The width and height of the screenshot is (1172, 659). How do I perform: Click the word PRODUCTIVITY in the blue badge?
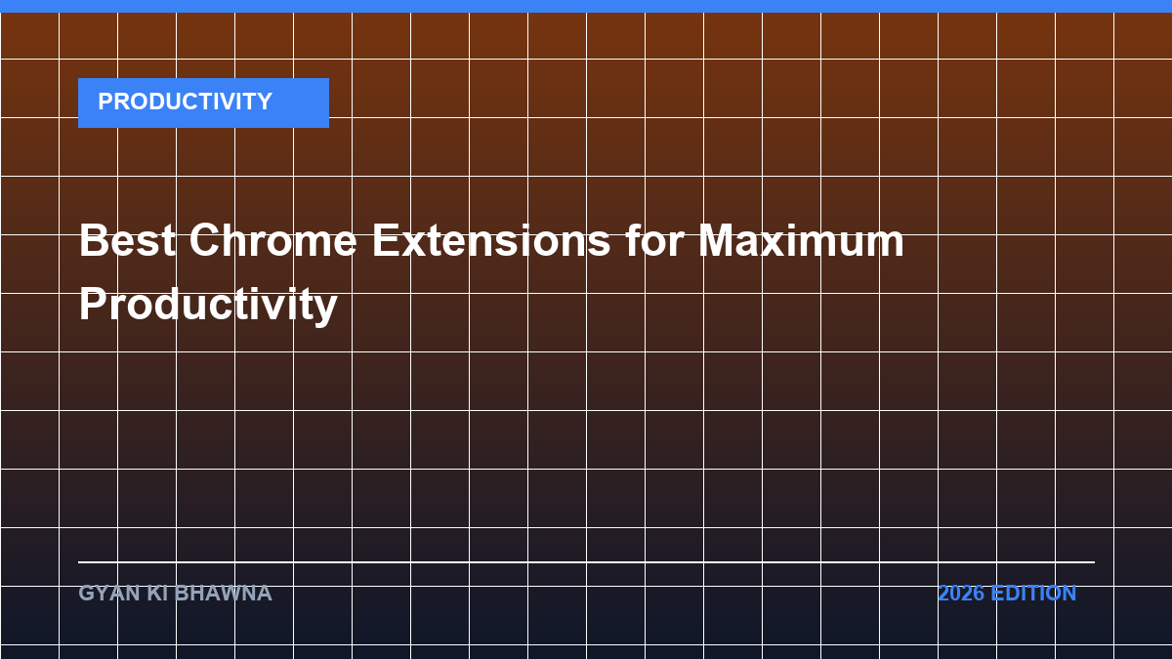point(185,102)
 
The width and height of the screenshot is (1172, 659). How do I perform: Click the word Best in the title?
point(127,240)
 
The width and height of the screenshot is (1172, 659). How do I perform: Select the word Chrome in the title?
point(272,240)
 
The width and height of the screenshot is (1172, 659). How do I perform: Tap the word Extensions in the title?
point(490,240)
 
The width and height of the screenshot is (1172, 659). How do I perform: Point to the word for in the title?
point(654,239)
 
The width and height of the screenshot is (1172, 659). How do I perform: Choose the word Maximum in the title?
point(801,239)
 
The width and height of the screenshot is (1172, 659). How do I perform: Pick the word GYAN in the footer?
point(108,594)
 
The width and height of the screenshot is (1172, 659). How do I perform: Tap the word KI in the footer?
point(157,594)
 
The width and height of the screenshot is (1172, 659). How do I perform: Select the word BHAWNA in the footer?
point(223,594)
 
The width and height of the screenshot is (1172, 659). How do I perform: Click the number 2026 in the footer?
point(961,594)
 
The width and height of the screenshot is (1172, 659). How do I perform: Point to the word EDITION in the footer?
point(1033,594)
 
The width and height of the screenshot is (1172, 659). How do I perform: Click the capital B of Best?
point(94,240)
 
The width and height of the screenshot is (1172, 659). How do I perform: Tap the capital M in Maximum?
point(717,240)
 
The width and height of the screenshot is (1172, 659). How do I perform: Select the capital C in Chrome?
point(206,240)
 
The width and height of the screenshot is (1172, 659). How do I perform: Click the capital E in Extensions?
point(386,240)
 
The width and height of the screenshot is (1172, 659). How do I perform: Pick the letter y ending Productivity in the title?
point(325,310)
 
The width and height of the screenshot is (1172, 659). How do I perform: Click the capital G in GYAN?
point(86,594)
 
